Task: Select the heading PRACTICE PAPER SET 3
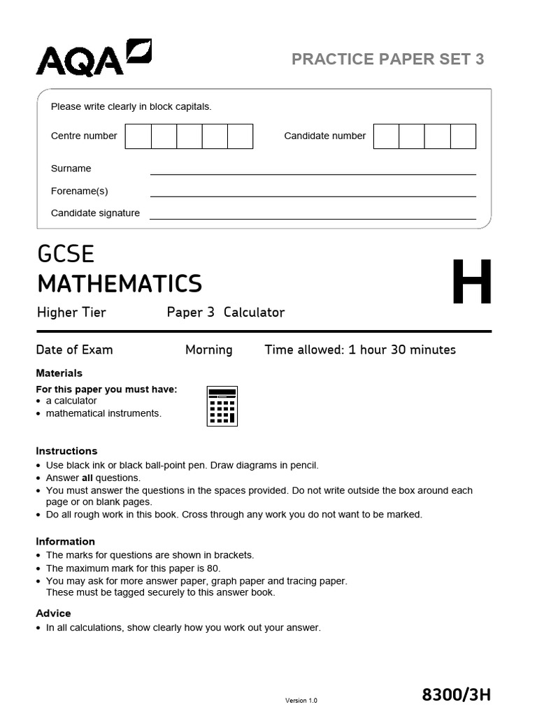pyautogui.click(x=387, y=59)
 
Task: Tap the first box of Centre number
pyautogui.click(x=138, y=136)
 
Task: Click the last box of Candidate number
pyautogui.click(x=463, y=136)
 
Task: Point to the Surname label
pyautogui.click(x=71, y=169)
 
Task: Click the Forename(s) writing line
pyautogui.click(x=313, y=195)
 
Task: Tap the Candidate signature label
pyautogui.click(x=95, y=213)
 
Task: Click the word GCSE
pyautogui.click(x=66, y=254)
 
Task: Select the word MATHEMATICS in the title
pyautogui.click(x=120, y=284)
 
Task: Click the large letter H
pyautogui.click(x=472, y=283)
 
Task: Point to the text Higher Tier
pyautogui.click(x=71, y=313)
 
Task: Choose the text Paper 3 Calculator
pyautogui.click(x=225, y=313)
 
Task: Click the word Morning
pyautogui.click(x=208, y=350)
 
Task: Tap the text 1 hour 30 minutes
pyautogui.click(x=401, y=350)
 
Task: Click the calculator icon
pyautogui.click(x=222, y=406)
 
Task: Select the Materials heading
pyautogui.click(x=59, y=373)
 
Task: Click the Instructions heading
pyautogui.click(x=66, y=451)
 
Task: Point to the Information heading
pyautogui.click(x=65, y=541)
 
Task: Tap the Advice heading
pyautogui.click(x=53, y=613)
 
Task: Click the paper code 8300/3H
pyautogui.click(x=457, y=694)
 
